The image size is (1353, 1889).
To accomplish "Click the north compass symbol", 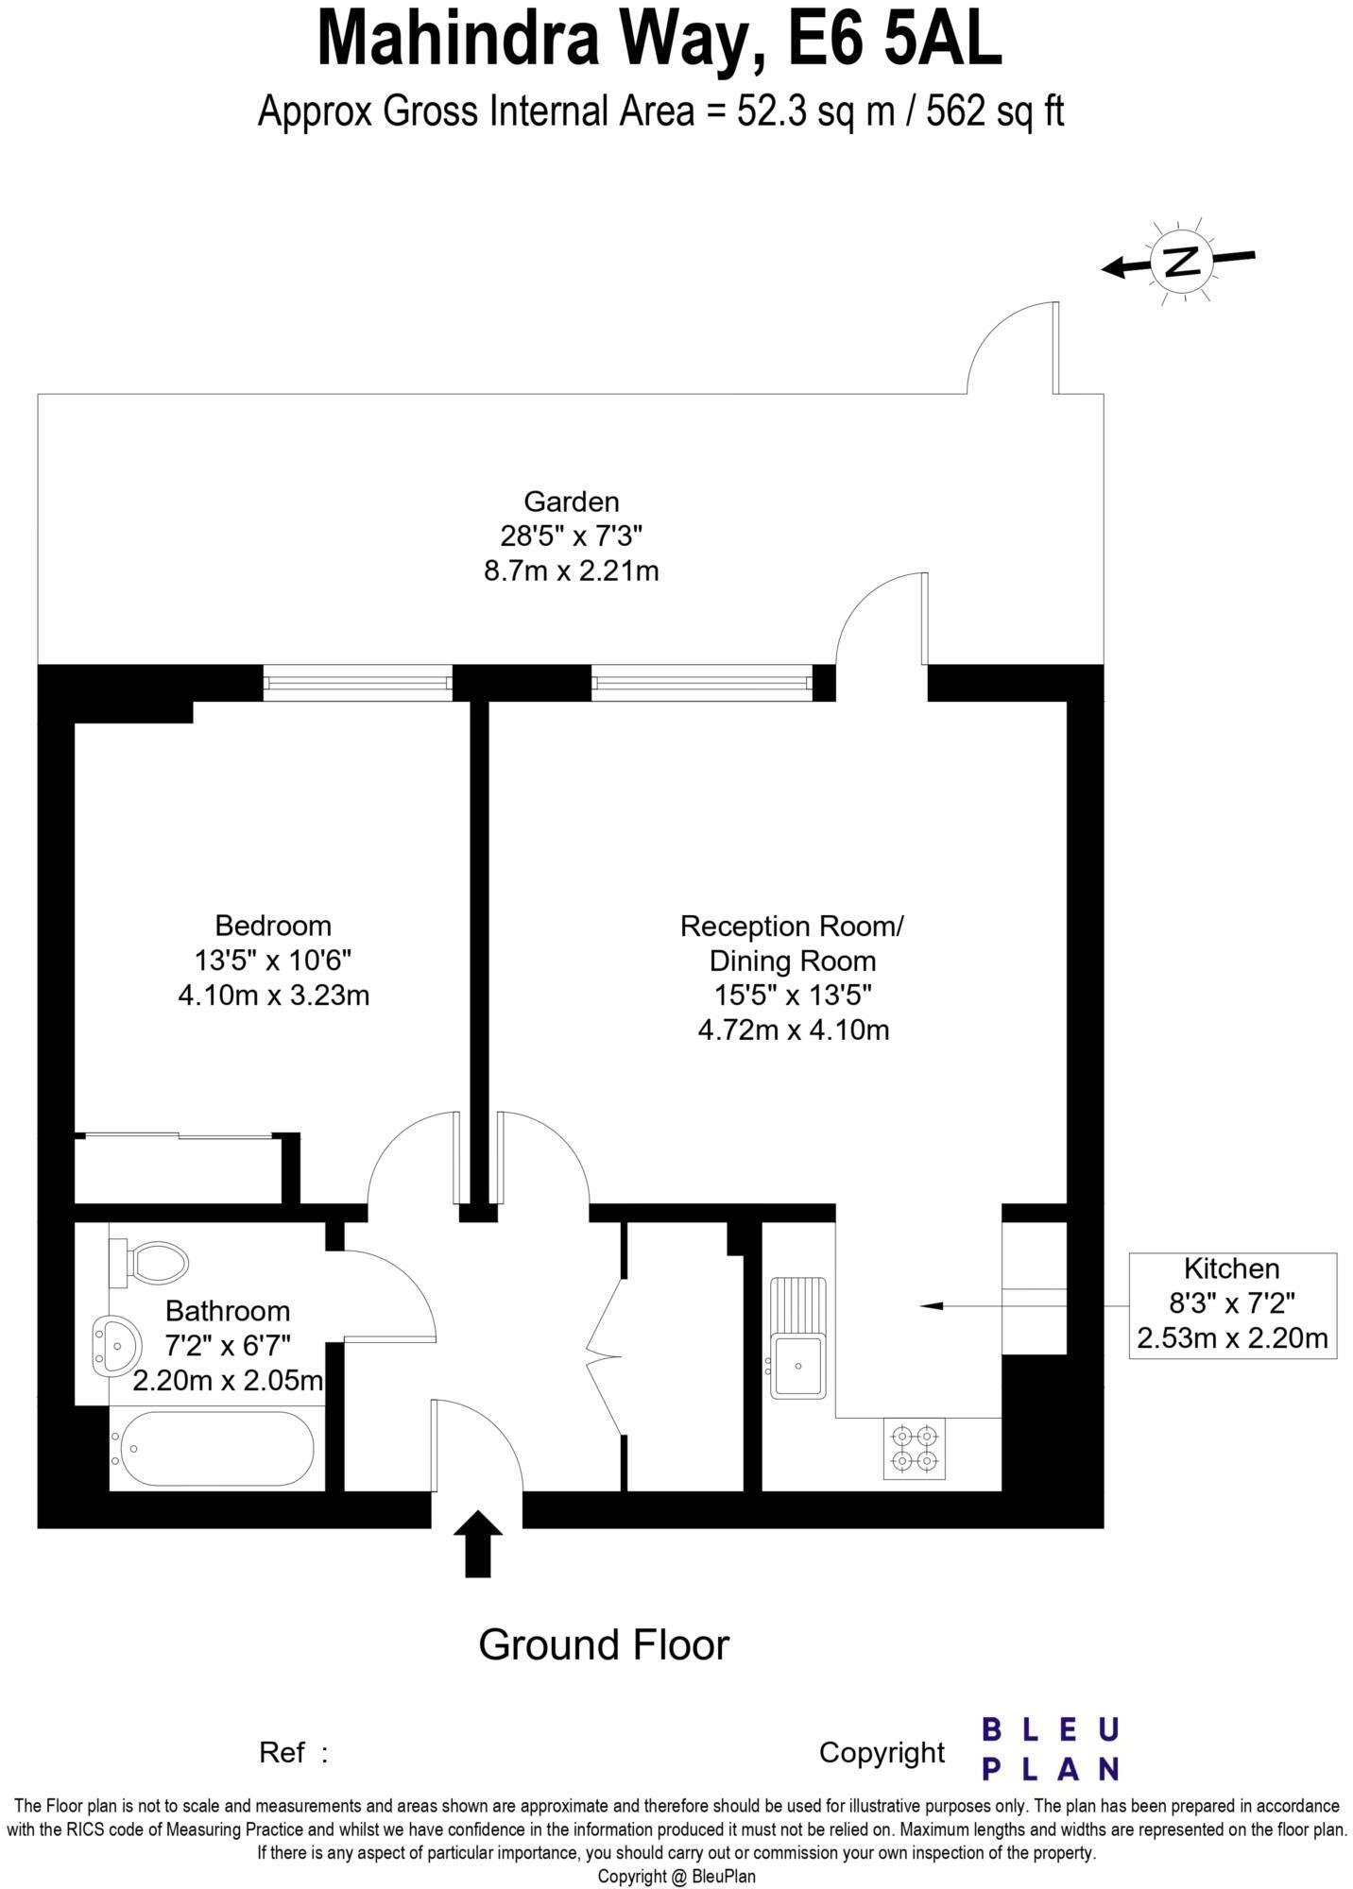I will (x=1180, y=262).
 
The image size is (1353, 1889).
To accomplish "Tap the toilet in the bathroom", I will (x=151, y=1262).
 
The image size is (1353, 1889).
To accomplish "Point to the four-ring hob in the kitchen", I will (x=915, y=1449).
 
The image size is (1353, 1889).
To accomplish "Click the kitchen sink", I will (x=798, y=1337).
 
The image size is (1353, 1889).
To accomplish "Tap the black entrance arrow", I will (x=478, y=1542).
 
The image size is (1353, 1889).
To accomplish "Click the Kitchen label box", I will (x=1232, y=1305).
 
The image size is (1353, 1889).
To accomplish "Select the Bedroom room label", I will (x=273, y=925).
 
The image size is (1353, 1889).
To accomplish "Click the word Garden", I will (x=571, y=501).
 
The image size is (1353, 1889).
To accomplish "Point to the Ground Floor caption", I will (x=604, y=1644).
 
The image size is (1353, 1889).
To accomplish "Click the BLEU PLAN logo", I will (x=1050, y=1749).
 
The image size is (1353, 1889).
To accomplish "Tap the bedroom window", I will (x=357, y=683).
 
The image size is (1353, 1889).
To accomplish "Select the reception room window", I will (x=701, y=683).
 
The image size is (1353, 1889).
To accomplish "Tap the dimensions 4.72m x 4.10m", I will (x=793, y=1030).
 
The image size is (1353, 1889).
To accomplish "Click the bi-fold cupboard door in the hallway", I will (x=605, y=1357).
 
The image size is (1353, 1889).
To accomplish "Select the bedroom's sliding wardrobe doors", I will (x=177, y=1135).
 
